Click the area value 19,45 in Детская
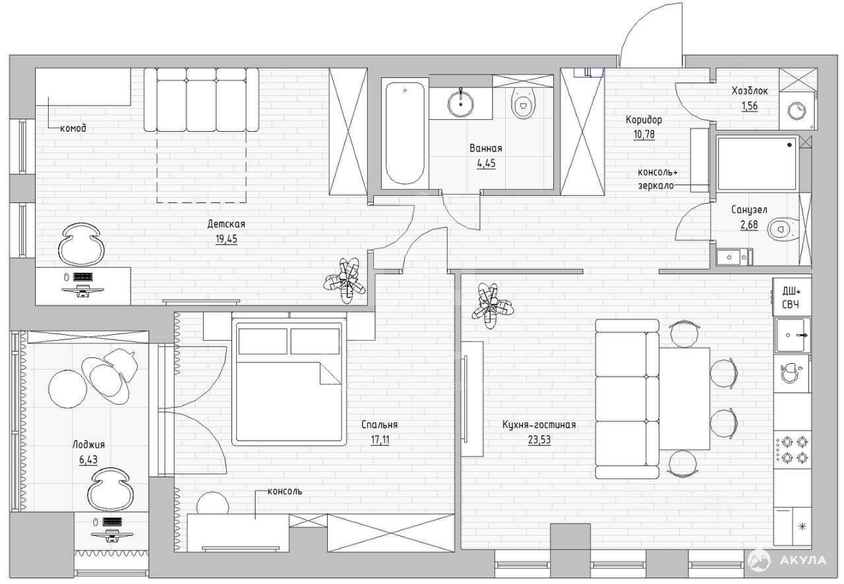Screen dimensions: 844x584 (226, 239)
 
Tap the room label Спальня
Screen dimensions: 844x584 (379, 424)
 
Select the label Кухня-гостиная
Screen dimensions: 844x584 (539, 424)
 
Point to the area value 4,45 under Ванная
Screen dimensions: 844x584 (486, 163)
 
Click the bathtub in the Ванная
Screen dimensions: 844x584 (405, 133)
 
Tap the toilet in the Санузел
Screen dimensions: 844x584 (782, 229)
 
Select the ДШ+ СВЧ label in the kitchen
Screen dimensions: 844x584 (792, 298)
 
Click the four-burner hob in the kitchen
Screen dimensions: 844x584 (792, 450)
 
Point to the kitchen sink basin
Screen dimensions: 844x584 (792, 335)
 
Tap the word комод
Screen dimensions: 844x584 (73, 128)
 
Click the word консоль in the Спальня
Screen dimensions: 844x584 (285, 491)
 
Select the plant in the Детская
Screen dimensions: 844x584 (345, 280)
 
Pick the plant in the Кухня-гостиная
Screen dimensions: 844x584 (493, 306)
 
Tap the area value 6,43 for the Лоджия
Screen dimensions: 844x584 (88, 459)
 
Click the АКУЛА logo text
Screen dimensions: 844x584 (802, 561)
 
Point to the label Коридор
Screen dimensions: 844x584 (644, 120)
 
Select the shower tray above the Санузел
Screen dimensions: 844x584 (758, 163)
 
